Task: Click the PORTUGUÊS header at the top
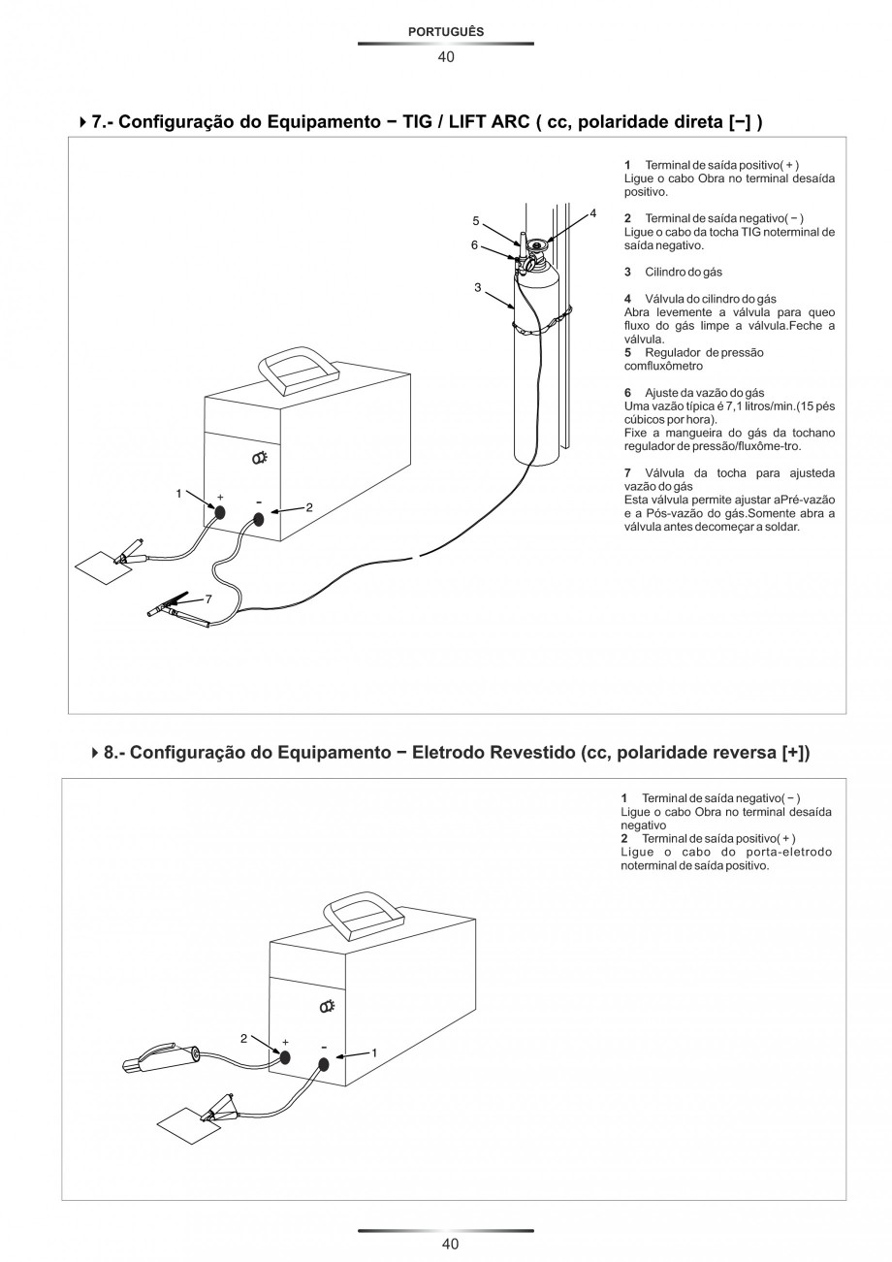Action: tap(445, 31)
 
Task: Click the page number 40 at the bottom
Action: tap(445, 1244)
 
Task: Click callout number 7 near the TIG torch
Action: tap(207, 599)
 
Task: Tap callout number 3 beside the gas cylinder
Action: tap(478, 287)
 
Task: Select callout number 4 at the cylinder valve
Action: tap(592, 211)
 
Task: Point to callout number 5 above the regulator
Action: tap(476, 220)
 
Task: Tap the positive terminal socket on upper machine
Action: tap(221, 513)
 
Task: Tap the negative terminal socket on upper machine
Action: tap(259, 520)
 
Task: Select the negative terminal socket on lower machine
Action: tap(324, 1064)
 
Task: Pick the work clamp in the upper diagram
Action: tap(130, 555)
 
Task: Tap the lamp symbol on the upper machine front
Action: tap(260, 459)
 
